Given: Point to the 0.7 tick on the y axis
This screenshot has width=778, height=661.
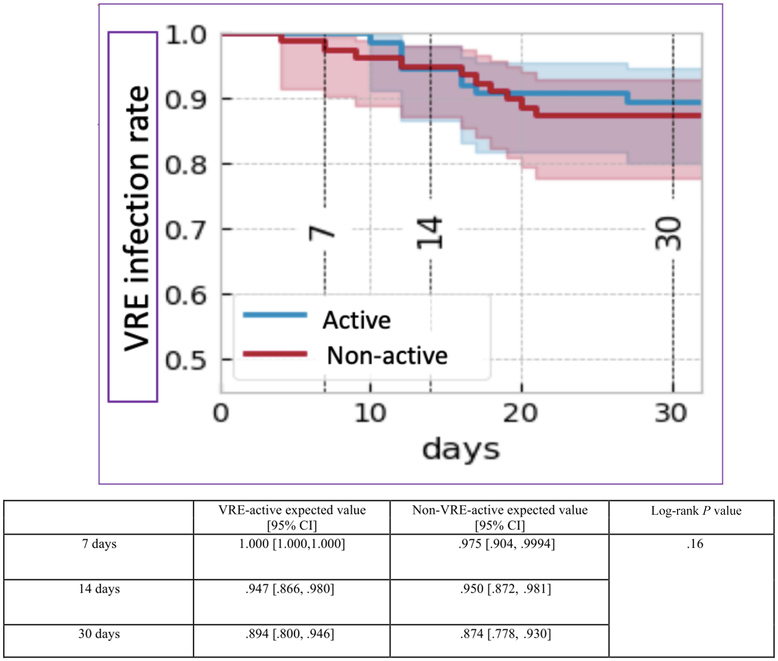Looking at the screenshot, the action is [185, 230].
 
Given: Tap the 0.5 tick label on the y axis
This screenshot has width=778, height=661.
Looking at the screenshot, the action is [185, 360].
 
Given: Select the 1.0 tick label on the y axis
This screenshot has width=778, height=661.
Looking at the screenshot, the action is [185, 35].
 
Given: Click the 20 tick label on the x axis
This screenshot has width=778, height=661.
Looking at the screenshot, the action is [521, 413].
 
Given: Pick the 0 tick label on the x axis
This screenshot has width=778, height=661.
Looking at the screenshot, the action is [221, 413].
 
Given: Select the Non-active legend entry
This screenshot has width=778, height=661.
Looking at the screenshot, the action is [345, 355].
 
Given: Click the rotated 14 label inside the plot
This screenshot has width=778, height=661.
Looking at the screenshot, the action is [430, 233].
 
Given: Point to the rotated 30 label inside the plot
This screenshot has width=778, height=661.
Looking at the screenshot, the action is [668, 233].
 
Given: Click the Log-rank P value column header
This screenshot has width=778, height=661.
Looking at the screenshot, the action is [696, 511].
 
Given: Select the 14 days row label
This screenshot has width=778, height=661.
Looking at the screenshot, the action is [99, 589].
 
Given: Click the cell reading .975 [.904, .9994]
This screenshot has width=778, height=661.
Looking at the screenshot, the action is [506, 544].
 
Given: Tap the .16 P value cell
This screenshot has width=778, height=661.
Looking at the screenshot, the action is [695, 544].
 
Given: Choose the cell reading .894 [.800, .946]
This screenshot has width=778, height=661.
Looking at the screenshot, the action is [290, 634].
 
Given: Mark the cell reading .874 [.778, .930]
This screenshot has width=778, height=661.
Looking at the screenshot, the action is [506, 634].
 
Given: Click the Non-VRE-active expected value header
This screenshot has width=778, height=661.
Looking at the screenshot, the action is [500, 518].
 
